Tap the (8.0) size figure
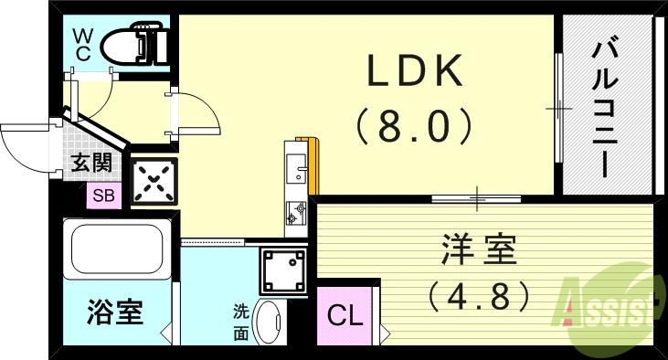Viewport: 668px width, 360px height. click(x=415, y=126)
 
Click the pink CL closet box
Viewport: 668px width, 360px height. click(x=345, y=317)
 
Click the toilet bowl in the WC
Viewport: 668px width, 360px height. click(x=132, y=45)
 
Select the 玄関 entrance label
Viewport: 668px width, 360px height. click(x=91, y=164)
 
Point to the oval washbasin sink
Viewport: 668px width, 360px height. click(x=268, y=322)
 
